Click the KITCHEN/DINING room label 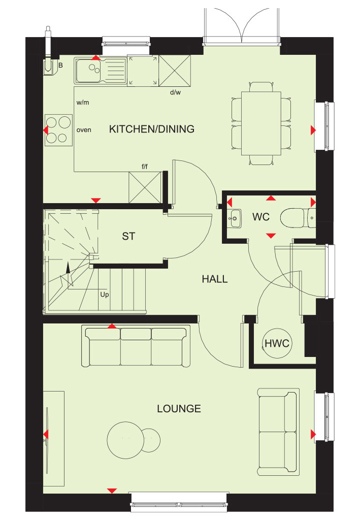tap(152, 129)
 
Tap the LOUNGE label tap(179, 409)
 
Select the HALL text tap(215, 279)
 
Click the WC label tap(260, 217)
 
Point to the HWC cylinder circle tap(277, 343)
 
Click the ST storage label tap(128, 236)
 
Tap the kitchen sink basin tap(88, 70)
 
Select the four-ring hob tap(58, 129)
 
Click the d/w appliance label tap(175, 92)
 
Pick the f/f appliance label tap(145, 167)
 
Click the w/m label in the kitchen tap(83, 103)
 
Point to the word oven tap(84, 130)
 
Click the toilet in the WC tap(298, 218)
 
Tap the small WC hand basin tap(235, 218)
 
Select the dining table tap(261, 123)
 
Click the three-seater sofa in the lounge tap(136, 346)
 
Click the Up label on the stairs tap(105, 295)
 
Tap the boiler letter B tap(61, 66)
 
